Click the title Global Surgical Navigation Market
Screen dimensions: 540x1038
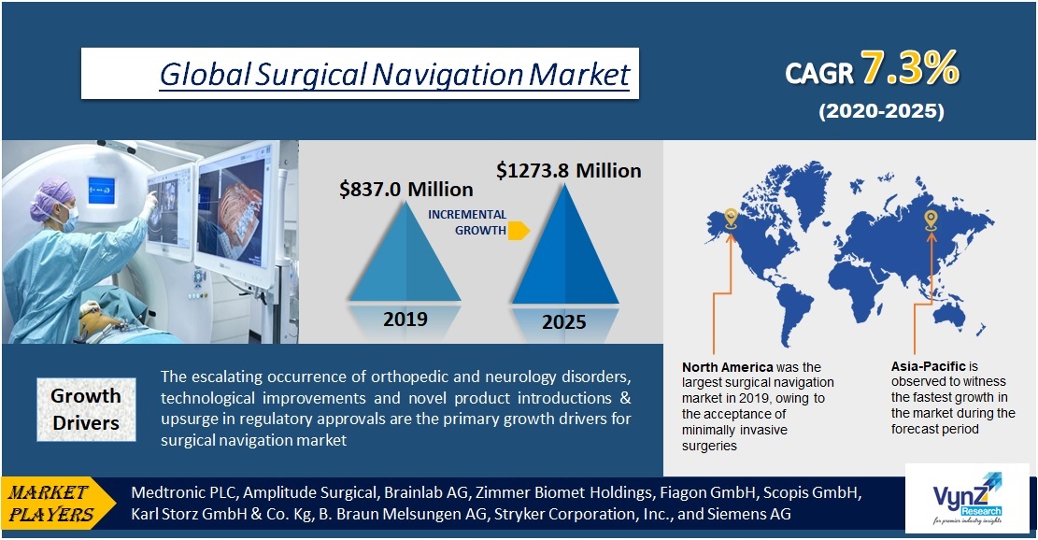click(394, 74)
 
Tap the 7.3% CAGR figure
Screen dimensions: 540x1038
click(908, 69)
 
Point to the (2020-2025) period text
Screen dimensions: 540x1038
click(881, 111)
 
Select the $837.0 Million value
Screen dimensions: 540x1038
click(405, 190)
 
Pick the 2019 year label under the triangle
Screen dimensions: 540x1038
click(405, 319)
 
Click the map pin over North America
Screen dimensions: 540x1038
click(731, 219)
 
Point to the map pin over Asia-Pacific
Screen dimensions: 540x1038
click(931, 220)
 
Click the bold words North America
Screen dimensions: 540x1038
click(727, 367)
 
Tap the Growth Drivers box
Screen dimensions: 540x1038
click(86, 409)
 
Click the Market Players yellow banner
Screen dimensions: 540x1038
click(58, 503)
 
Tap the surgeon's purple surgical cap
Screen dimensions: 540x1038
click(51, 194)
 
